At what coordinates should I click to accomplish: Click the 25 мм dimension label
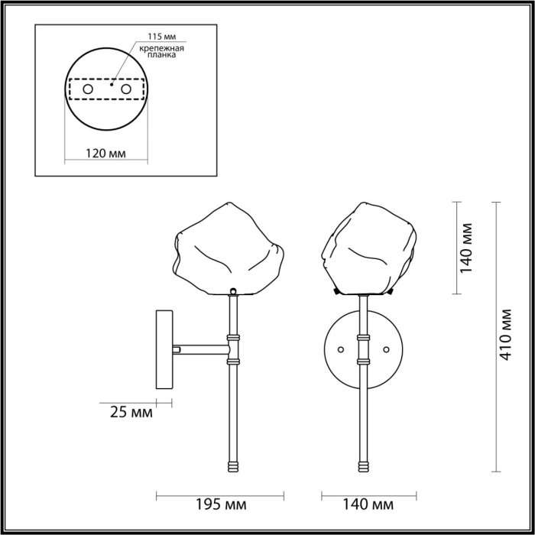127,413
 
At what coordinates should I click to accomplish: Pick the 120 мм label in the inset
105,153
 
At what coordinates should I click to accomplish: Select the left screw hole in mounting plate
88,90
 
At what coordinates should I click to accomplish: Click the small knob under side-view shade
232,290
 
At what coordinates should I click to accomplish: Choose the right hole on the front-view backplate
387,349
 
